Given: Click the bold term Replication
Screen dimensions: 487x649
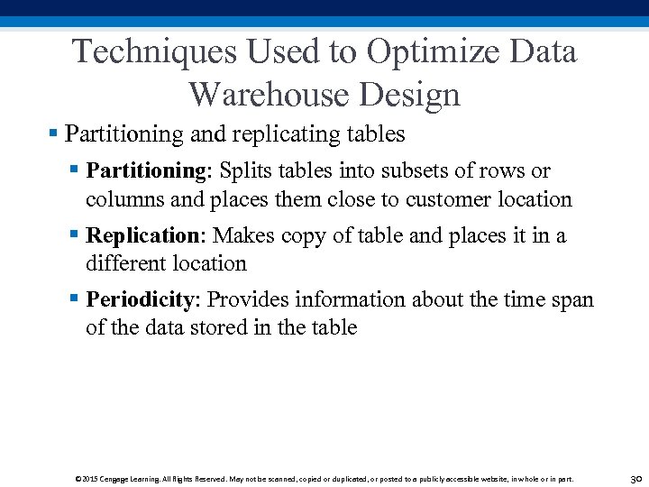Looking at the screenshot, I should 145,235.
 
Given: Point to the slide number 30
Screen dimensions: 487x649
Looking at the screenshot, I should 635,479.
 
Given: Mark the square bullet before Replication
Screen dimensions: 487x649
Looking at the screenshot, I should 74,235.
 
